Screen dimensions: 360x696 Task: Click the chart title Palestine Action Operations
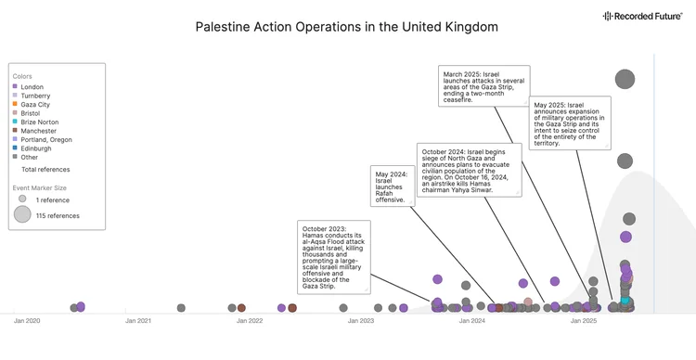click(346, 27)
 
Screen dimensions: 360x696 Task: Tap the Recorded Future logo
click(642, 16)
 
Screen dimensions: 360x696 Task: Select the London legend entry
click(32, 87)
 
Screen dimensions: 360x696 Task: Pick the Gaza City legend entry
click(35, 105)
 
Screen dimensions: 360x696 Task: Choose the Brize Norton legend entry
click(39, 122)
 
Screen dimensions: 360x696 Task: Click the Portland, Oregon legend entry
click(45, 140)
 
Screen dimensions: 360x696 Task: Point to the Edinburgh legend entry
click(36, 148)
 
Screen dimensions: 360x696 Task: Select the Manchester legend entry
click(38, 131)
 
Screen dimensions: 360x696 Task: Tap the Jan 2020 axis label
click(27, 321)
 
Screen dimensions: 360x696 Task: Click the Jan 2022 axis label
click(249, 321)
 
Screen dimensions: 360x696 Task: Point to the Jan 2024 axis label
click(471, 321)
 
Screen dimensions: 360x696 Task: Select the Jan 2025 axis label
click(583, 321)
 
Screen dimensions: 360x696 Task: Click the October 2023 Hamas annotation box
click(334, 257)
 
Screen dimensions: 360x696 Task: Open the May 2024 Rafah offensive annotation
click(393, 186)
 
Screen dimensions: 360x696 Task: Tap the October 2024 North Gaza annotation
click(469, 170)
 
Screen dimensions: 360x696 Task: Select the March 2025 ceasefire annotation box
click(483, 86)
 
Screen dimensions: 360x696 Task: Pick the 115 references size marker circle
click(22, 215)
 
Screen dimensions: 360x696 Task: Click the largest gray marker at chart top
click(625, 80)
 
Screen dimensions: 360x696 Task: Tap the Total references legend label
click(45, 170)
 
